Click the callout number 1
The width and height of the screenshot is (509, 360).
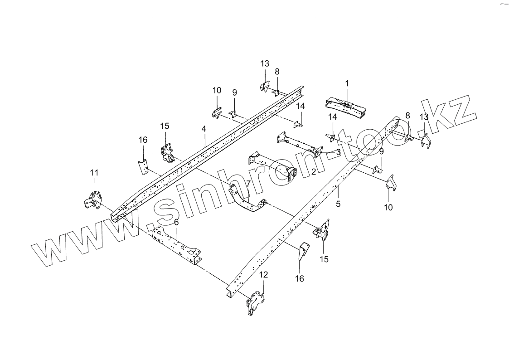click(347, 83)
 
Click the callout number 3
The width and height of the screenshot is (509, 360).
click(339, 153)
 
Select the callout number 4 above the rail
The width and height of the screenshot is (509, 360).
click(204, 129)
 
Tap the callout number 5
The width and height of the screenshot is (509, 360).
click(338, 204)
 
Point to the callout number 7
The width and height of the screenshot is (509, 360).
click(248, 184)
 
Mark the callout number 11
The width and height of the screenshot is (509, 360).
click(94, 172)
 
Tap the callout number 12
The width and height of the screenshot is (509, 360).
click(263, 274)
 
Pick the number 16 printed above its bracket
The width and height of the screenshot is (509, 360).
click(143, 140)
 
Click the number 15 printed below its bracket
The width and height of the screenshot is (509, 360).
click(324, 259)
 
